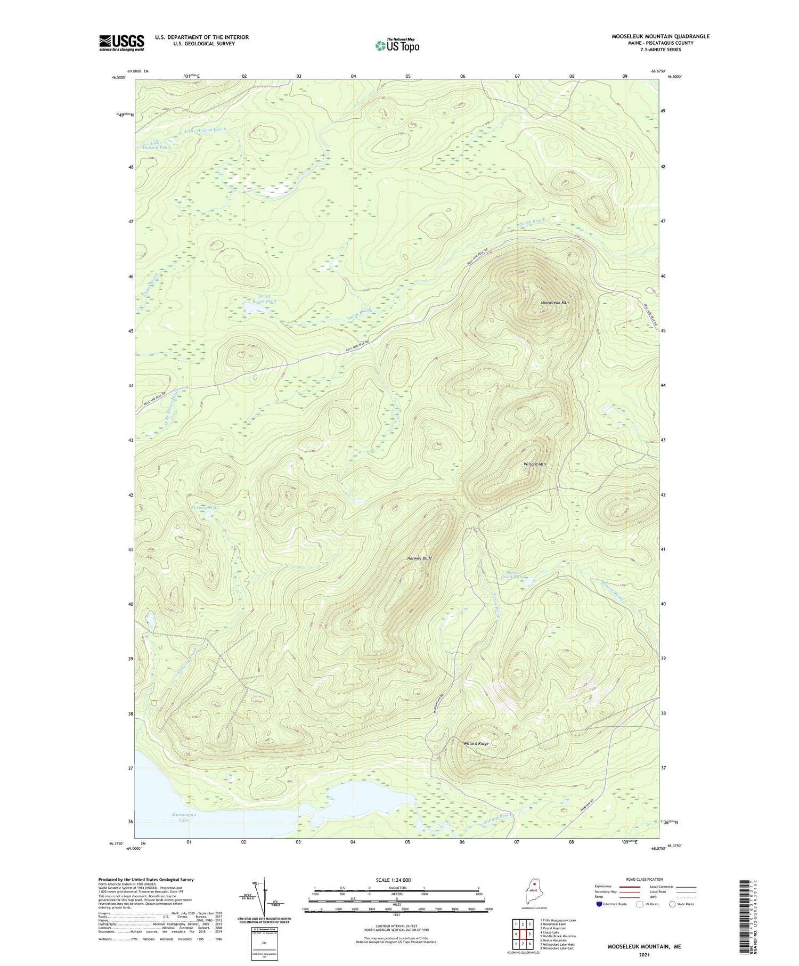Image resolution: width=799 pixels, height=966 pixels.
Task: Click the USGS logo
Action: coord(121,43)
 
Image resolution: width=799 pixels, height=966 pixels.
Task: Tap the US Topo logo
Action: coord(397,46)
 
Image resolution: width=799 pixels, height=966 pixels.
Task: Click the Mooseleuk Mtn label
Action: coord(555,303)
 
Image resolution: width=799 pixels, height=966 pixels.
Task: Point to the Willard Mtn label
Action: coord(535,464)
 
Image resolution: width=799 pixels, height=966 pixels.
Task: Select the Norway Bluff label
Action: coord(419,558)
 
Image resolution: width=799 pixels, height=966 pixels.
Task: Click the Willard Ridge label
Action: coord(476,743)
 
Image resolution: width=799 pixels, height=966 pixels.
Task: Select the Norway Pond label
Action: coord(205,507)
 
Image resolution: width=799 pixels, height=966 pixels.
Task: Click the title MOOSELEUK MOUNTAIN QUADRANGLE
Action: coord(661,36)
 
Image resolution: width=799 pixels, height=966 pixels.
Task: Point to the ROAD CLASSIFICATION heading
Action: coord(645,879)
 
